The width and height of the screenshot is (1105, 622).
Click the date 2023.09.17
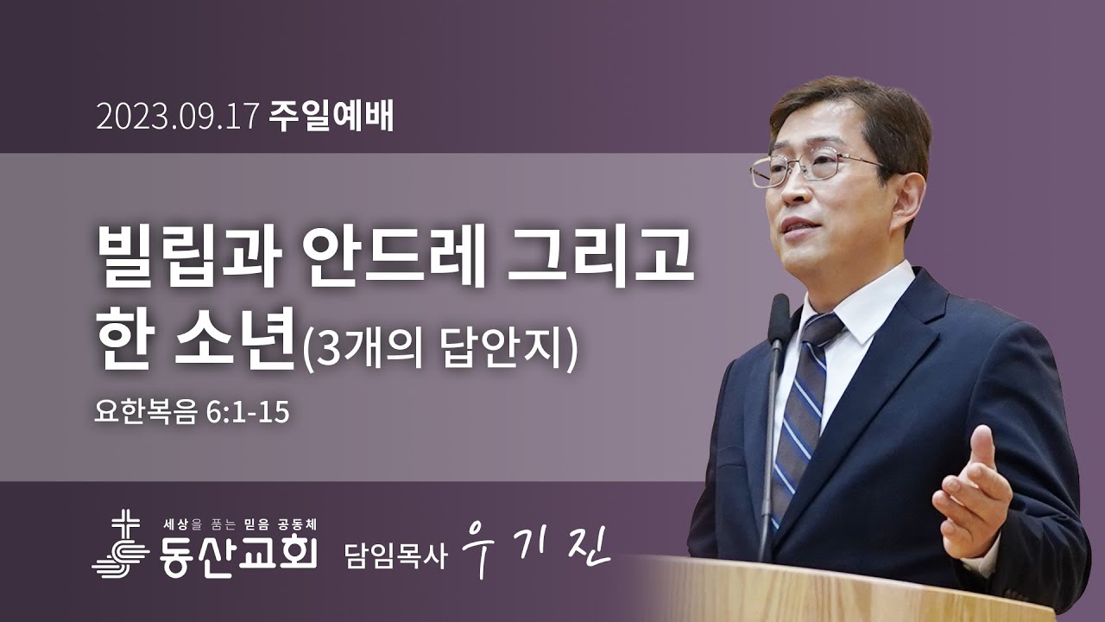[x=178, y=117]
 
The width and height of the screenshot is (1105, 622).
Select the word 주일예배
[x=331, y=117]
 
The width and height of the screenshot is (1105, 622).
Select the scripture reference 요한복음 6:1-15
[x=192, y=413]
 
